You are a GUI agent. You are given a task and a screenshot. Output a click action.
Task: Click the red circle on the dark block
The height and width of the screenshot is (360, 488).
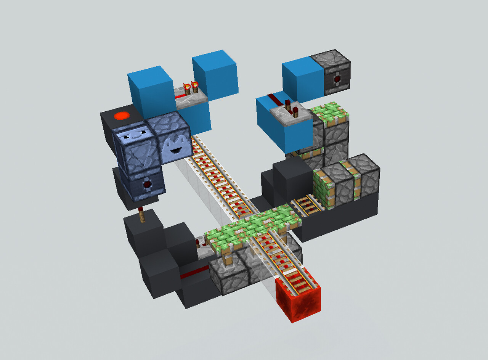point(122,116)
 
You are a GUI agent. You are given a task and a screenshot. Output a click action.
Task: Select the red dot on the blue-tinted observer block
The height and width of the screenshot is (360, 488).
point(147,185)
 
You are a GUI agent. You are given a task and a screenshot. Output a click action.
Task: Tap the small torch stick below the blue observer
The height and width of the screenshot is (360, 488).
point(142,215)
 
